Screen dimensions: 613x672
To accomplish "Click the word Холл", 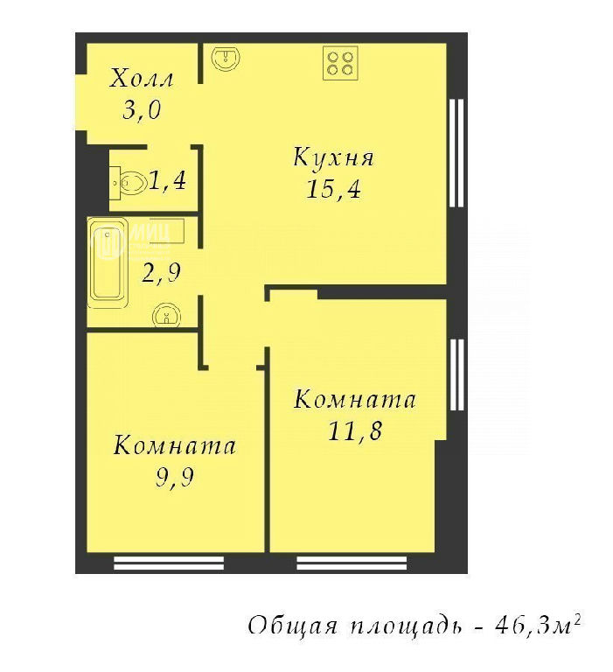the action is (x=142, y=79).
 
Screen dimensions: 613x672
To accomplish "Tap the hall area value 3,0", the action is (x=142, y=110).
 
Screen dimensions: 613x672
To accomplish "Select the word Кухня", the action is (x=333, y=157).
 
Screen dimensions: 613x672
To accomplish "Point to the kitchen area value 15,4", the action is (x=333, y=189).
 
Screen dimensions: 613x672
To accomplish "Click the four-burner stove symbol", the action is (x=340, y=63).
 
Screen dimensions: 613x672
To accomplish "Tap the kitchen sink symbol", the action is (x=226, y=59).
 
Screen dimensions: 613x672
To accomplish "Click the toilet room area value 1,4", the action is (x=168, y=180).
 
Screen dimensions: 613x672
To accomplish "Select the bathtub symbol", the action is (x=108, y=262).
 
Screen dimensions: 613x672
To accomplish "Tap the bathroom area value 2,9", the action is (x=161, y=273).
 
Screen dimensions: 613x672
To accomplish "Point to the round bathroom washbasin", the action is (x=166, y=315).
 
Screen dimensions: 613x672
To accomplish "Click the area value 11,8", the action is (x=355, y=430).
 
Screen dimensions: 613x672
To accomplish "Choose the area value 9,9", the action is (x=175, y=477).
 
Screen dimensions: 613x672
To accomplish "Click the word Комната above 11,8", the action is (x=355, y=400).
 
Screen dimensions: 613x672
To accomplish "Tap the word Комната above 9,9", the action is (x=175, y=445).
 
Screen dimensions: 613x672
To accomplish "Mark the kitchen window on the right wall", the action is (x=457, y=153).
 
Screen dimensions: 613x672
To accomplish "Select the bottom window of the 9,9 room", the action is (x=169, y=563).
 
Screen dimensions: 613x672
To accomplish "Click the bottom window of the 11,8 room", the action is (x=352, y=563).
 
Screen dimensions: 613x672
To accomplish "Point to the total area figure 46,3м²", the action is (x=538, y=626).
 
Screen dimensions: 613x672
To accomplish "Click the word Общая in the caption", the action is (x=292, y=626).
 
